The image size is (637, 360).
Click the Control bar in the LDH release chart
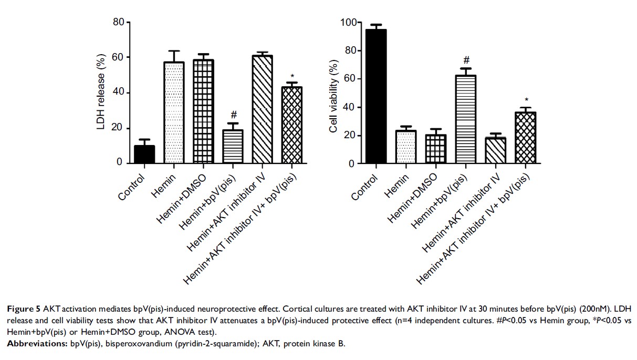pos(144,155)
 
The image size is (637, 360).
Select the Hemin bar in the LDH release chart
pos(173,112)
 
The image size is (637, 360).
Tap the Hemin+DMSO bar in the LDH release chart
pos(203,111)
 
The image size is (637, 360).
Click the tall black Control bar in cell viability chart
pos(375,97)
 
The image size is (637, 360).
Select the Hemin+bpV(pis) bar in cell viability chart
pos(465,120)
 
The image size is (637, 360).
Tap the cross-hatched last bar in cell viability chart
pos(525,138)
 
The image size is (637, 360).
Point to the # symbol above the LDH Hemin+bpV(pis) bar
pos(234,115)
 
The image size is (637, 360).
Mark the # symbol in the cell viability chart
pos(465,60)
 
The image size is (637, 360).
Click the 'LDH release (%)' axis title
pos(101,92)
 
